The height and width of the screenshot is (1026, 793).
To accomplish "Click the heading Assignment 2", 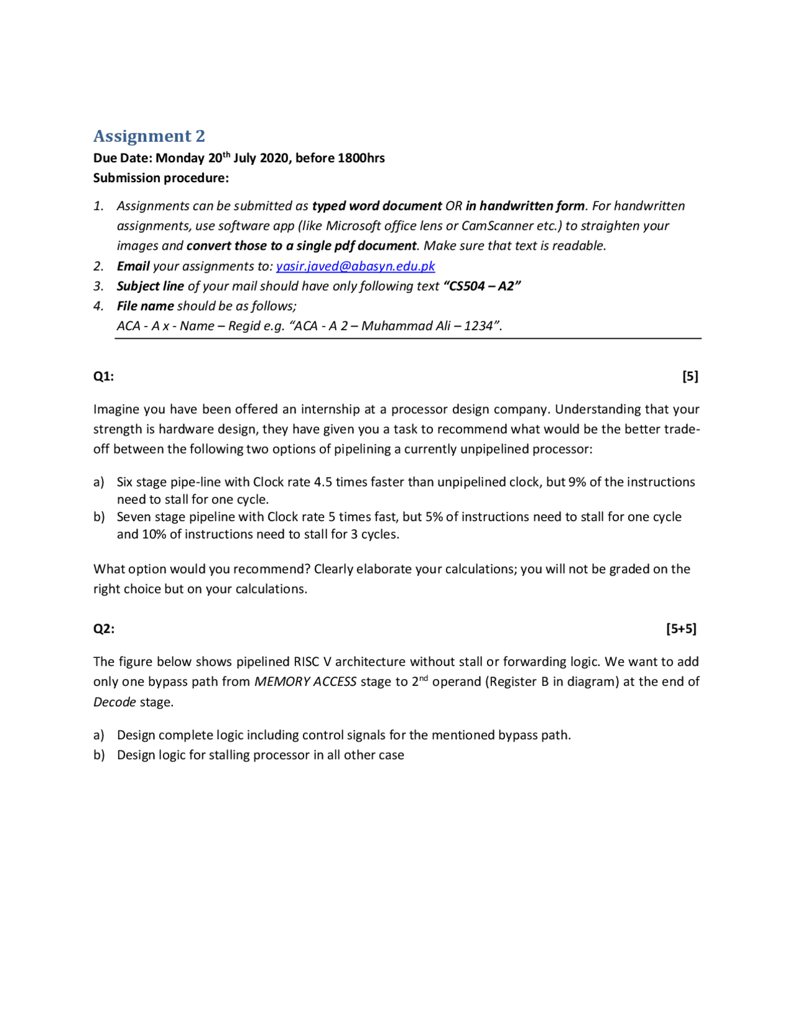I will coord(149,136).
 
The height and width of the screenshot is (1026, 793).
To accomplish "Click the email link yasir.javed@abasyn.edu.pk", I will coord(355,266).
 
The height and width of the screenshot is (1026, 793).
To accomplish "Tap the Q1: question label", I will coord(103,376).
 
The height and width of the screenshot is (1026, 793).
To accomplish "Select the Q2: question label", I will coord(103,628).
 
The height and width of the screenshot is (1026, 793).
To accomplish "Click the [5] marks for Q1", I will coord(690,376).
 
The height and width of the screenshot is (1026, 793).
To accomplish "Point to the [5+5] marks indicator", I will coord(681,628).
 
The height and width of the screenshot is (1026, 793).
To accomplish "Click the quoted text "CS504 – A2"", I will coord(482,286).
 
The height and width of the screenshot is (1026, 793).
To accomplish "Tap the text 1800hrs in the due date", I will coord(361,158).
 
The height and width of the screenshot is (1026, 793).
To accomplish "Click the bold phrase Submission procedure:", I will coord(161,178).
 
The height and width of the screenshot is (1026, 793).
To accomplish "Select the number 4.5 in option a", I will coord(323,482).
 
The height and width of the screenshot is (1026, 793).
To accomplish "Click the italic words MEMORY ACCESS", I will coord(305,682).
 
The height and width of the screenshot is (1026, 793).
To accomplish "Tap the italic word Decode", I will coord(115,702).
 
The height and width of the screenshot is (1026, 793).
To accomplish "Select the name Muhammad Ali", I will coord(405,326).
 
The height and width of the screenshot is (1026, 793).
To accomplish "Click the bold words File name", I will coord(145,306).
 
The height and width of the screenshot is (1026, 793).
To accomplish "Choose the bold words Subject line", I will coord(150,286).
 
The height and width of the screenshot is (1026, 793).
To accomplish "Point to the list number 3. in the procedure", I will coord(99,286).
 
